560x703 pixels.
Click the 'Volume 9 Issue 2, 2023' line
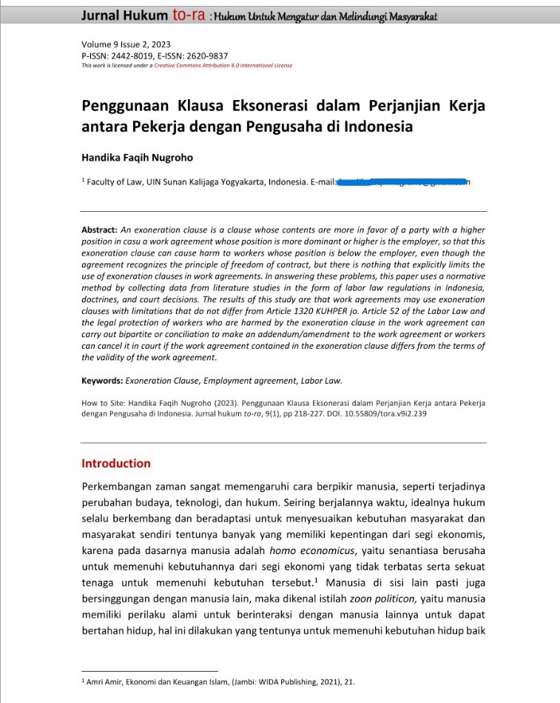126,44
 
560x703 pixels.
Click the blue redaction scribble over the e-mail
403,182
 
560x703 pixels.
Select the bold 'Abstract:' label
100,231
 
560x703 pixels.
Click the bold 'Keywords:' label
101,381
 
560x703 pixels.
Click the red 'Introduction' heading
116,464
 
